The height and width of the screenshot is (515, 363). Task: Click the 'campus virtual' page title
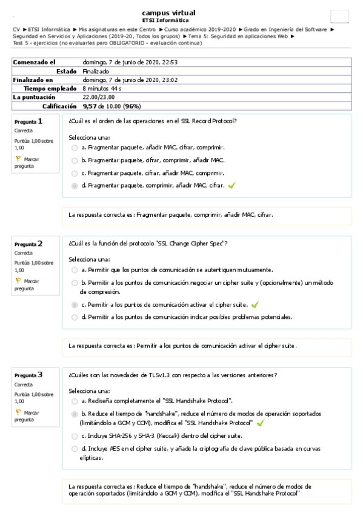pos(168,13)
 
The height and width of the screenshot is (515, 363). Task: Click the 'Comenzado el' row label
pos(34,62)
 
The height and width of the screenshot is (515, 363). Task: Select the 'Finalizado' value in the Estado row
pos(96,71)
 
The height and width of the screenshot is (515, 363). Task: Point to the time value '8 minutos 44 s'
pos(102,88)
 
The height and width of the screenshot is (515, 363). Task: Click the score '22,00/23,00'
pos(99,97)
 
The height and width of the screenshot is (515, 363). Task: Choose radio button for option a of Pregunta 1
pos(74,148)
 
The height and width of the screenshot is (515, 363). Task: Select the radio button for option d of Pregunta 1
pos(74,185)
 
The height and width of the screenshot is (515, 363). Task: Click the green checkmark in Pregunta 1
pos(231,185)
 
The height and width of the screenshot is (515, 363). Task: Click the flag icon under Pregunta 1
pos(18,159)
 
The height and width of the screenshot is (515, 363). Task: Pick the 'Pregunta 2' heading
pos(28,244)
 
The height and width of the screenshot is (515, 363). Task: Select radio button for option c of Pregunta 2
pos(74,305)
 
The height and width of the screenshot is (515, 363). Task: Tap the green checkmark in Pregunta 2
pos(255,305)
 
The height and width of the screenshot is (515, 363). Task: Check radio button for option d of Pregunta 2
pos(74,317)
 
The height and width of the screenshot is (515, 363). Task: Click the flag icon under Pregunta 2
pos(18,281)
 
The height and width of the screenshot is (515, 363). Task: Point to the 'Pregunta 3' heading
pos(28,375)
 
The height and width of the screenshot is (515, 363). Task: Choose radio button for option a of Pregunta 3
pos(74,401)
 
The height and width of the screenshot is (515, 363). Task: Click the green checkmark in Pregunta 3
pos(260,423)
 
